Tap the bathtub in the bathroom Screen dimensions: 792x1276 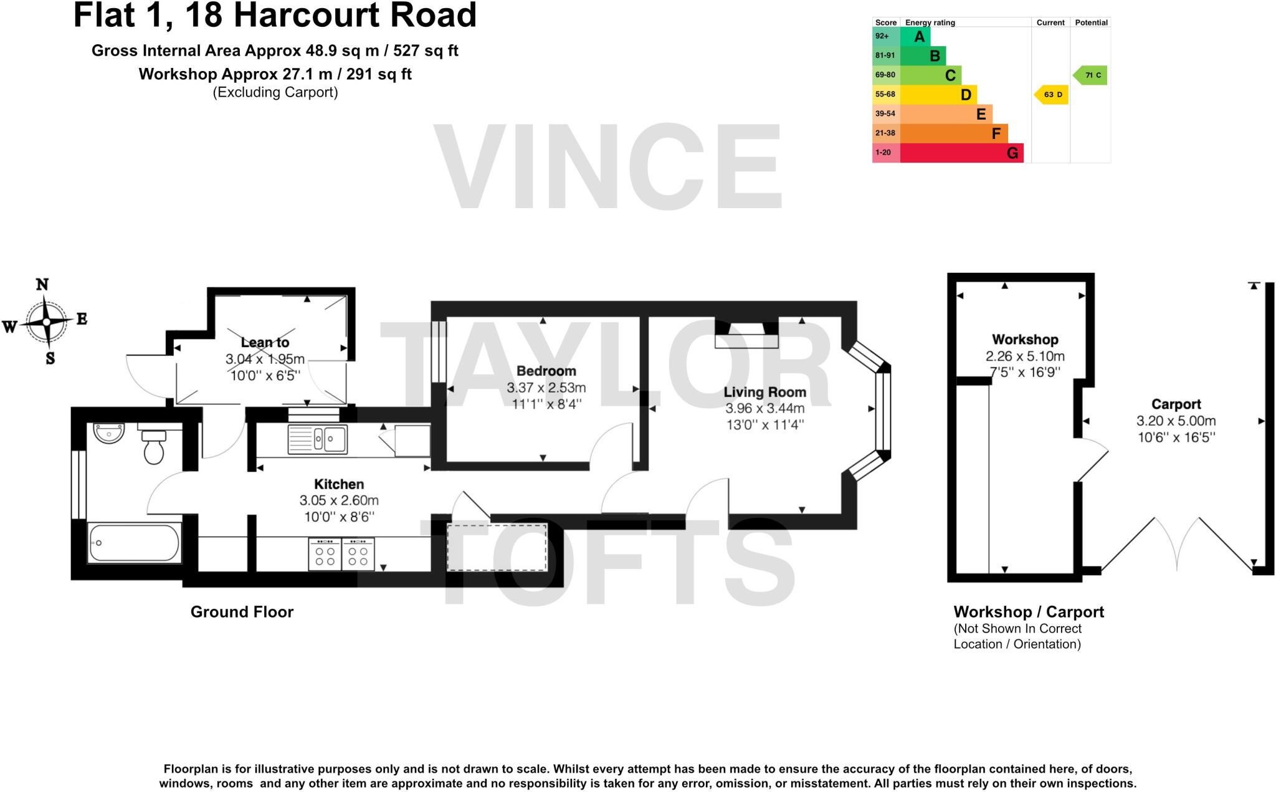[134, 543]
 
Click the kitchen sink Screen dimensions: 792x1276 [318, 439]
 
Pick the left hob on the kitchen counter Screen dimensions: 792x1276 [325, 554]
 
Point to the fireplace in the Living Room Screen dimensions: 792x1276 [746, 336]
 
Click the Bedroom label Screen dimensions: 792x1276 [546, 371]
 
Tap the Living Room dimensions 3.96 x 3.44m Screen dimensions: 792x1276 [764, 409]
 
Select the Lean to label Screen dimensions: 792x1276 [265, 343]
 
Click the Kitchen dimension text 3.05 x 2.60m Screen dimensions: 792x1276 [338, 500]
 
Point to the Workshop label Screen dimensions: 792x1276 [1024, 340]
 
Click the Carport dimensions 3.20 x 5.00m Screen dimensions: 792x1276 [1176, 421]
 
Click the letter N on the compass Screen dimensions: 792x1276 [42, 285]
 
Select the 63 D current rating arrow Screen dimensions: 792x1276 [1052, 95]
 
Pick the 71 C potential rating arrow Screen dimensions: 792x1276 [1090, 75]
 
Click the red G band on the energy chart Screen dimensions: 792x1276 [959, 153]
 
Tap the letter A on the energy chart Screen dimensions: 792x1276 [919, 36]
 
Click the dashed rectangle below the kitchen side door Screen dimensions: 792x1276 [497, 547]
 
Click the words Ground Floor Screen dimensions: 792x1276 [242, 612]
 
